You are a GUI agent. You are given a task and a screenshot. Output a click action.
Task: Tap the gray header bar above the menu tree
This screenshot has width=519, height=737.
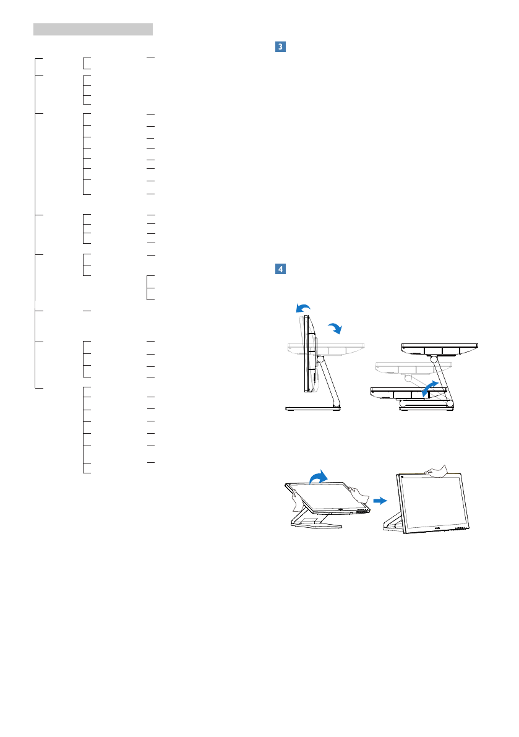point(93,29)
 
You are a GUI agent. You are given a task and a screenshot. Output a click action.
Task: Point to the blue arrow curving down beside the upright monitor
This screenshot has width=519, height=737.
point(335,328)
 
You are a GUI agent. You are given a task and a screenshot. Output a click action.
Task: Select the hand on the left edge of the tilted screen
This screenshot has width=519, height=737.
point(293,493)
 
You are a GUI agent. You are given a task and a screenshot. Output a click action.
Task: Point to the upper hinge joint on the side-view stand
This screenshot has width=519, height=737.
point(320,358)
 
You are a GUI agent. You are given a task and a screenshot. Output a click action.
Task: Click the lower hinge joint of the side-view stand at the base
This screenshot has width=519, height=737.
point(336,404)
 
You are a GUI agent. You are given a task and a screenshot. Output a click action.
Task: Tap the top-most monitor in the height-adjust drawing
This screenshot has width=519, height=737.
point(439,349)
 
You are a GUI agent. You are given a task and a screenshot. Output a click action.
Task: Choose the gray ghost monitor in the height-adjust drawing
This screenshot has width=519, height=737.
point(405,370)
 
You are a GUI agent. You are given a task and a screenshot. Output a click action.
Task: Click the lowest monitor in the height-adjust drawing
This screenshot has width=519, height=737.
point(408,393)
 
